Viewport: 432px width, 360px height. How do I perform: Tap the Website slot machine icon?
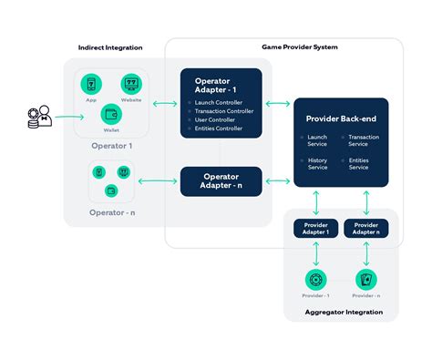(x=132, y=85)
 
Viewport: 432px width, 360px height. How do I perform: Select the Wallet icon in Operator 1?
(x=111, y=115)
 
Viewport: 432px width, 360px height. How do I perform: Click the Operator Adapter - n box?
(x=221, y=181)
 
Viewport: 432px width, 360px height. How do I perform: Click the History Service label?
(x=319, y=163)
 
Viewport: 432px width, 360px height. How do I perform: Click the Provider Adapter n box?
(x=366, y=228)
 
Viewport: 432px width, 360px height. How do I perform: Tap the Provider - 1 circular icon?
(x=316, y=281)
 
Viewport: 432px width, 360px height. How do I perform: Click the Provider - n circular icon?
(x=366, y=281)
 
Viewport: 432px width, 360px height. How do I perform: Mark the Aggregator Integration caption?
(x=341, y=313)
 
